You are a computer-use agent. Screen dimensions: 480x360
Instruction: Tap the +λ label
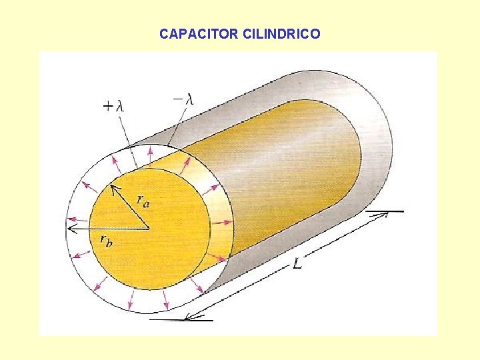pyautogui.click(x=113, y=105)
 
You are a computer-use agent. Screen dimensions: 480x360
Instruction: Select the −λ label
pyautogui.click(x=183, y=99)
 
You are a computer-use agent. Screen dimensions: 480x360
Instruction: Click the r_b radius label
pyautogui.click(x=106, y=240)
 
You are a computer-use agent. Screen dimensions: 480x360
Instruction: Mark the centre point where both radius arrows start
pyautogui.click(x=149, y=229)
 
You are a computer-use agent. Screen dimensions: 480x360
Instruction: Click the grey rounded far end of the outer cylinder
pyautogui.click(x=380, y=133)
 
